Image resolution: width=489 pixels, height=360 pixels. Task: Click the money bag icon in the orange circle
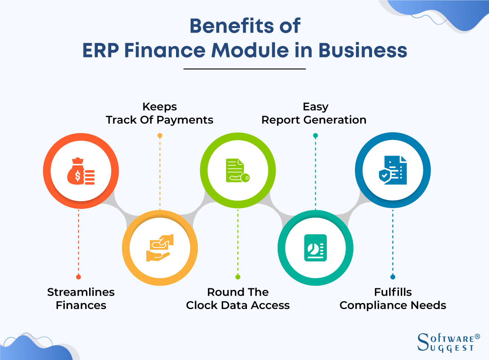(81, 170)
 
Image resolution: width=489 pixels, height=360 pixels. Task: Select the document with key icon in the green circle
(237, 170)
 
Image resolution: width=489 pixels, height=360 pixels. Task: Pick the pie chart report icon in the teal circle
(315, 247)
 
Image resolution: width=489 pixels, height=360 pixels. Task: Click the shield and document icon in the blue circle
(392, 170)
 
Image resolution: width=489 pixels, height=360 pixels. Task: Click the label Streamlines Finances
(81, 299)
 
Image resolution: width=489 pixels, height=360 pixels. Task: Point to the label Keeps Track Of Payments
(159, 114)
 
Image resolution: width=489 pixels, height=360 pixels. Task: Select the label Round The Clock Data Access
(238, 299)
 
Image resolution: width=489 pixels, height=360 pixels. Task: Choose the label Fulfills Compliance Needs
(393, 299)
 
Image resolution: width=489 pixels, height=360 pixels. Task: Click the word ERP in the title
(100, 51)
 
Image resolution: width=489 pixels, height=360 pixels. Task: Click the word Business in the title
(362, 51)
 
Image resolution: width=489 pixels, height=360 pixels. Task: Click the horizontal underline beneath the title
(244, 69)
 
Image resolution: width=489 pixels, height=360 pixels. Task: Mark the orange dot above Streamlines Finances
(79, 277)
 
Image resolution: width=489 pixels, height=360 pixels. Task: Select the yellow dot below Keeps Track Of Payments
(160, 135)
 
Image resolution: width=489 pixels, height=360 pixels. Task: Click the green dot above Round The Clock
(238, 277)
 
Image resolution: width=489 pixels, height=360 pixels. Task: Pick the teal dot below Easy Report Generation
(315, 135)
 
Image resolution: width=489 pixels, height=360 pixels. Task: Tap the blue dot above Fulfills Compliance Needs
(393, 277)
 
